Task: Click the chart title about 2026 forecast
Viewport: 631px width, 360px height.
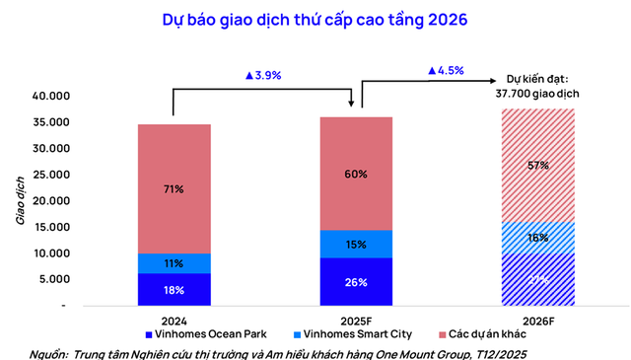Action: click(315, 19)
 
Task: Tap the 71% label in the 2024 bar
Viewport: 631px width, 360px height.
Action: click(174, 188)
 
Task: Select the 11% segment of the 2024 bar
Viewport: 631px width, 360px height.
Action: click(174, 263)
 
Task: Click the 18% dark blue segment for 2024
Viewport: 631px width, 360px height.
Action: click(174, 289)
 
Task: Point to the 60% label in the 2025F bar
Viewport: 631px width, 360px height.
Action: click(356, 174)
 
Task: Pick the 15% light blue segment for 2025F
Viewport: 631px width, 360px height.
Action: click(356, 244)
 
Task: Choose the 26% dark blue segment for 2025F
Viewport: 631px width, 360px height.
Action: click(356, 282)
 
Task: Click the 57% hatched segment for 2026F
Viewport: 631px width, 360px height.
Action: click(538, 165)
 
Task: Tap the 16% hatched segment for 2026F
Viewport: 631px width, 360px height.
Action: click(538, 238)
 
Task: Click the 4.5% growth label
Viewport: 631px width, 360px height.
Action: click(446, 71)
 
